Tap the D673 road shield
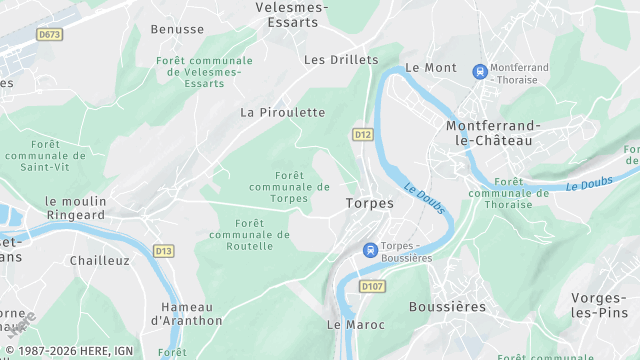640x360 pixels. [x=49, y=34]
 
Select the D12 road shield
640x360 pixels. [x=362, y=134]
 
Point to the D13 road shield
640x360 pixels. [x=163, y=249]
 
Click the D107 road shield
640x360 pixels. [x=372, y=288]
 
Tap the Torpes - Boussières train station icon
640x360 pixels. [x=370, y=250]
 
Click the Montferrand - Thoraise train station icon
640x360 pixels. [x=481, y=72]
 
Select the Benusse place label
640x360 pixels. [x=177, y=29]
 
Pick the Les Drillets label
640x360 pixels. [x=341, y=59]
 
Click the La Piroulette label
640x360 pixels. [x=283, y=113]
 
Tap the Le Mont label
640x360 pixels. [x=431, y=68]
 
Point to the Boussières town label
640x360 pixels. [x=448, y=307]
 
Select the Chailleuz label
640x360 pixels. [x=100, y=260]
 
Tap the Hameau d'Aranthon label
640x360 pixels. [x=186, y=314]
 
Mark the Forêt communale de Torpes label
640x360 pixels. [x=289, y=186]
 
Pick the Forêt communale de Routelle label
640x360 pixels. [x=249, y=234]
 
